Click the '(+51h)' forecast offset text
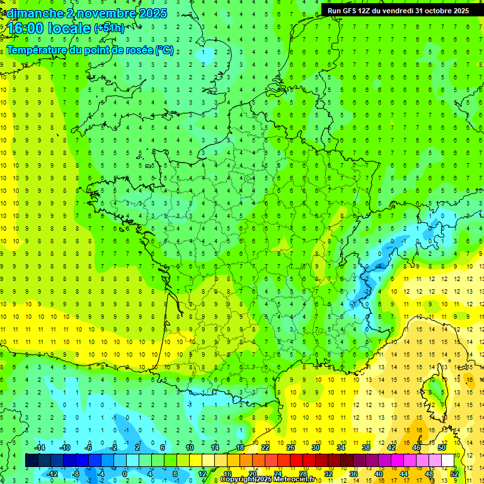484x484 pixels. coord(109,28)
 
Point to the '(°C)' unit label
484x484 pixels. coord(164,50)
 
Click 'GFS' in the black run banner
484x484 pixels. coord(354,11)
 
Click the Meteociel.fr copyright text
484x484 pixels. coord(267,480)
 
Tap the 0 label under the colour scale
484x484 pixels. coord(125,473)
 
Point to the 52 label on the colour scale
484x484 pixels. coord(454,473)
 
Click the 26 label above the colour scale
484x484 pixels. coord(291,447)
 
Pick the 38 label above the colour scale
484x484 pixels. coord(366,447)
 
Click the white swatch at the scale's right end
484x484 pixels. coord(447,461)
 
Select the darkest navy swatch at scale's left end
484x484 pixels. coord(32,461)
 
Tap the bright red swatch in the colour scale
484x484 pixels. coord(296,461)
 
